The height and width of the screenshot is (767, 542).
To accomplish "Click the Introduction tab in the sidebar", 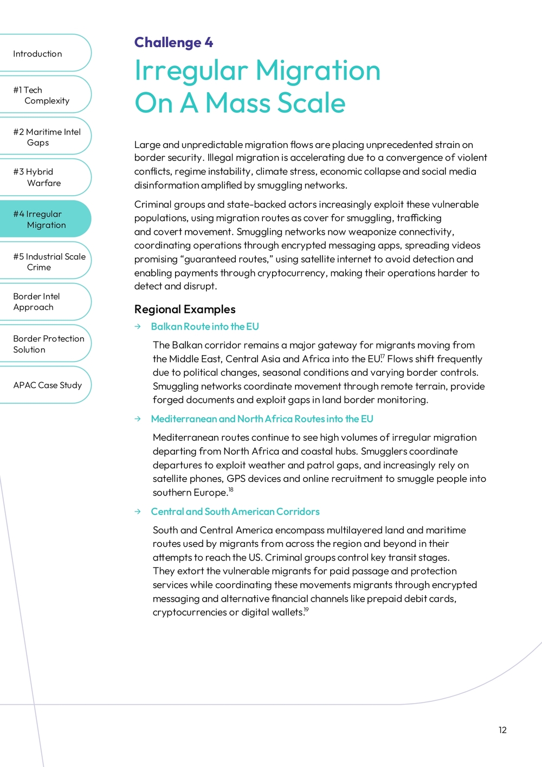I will (38, 54).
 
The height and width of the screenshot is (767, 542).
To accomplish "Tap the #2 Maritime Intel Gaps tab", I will (47, 137).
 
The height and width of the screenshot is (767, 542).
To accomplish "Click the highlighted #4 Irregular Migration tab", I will (40, 220).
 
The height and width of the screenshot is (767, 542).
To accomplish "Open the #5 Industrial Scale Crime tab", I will (49, 262).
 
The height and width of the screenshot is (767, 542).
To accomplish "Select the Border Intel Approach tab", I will (36, 302).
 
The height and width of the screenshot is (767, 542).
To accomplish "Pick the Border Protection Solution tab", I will (48, 344).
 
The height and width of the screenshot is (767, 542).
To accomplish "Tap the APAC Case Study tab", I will (47, 385).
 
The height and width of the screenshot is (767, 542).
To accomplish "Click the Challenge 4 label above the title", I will (173, 42).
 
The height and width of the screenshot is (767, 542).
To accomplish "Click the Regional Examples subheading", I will (185, 310).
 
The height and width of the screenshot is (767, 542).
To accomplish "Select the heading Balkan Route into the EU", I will (205, 327).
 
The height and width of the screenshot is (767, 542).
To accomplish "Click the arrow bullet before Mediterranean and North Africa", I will (138, 419).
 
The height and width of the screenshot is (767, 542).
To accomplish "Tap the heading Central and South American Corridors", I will (235, 512).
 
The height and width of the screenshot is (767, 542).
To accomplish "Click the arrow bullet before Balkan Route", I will (138, 327).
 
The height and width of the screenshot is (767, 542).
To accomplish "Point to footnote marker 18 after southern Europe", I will (231, 489).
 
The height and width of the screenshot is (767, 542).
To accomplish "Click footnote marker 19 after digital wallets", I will (306, 610).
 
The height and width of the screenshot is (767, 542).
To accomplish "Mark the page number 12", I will (502, 730).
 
